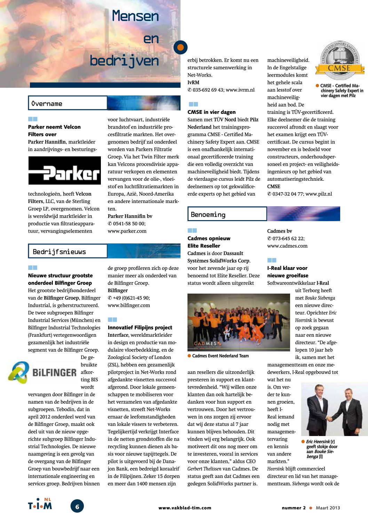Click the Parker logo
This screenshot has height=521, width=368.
click(64, 171)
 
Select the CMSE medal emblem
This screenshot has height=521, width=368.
click(339, 60)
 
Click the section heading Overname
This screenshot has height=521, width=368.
click(47, 103)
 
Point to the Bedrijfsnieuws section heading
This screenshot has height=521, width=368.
click(59, 252)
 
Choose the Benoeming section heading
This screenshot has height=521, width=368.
click(208, 215)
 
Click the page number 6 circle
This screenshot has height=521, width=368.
click(77, 506)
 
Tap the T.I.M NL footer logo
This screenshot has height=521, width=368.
click(40, 504)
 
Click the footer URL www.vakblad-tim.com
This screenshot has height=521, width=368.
click(185, 508)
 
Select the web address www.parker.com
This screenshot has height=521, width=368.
click(127, 231)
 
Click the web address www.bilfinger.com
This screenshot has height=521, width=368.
click(129, 305)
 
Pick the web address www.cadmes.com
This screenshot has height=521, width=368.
click(287, 246)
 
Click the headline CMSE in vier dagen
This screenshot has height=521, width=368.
click(211, 112)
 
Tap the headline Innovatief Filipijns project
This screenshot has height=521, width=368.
click(140, 327)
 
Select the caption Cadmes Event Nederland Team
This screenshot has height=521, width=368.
click(220, 356)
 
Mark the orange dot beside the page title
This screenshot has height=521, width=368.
click(180, 47)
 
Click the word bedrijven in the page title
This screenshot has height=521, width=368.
click(124, 61)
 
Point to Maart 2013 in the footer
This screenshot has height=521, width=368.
click(328, 508)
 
